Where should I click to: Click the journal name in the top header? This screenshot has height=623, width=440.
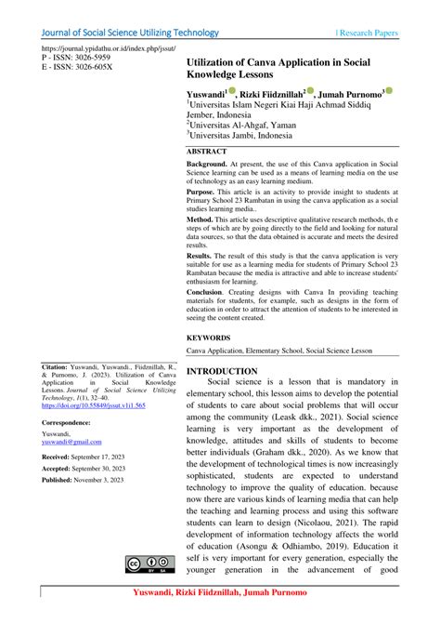130,33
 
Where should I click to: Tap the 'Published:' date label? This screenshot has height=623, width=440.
62,479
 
